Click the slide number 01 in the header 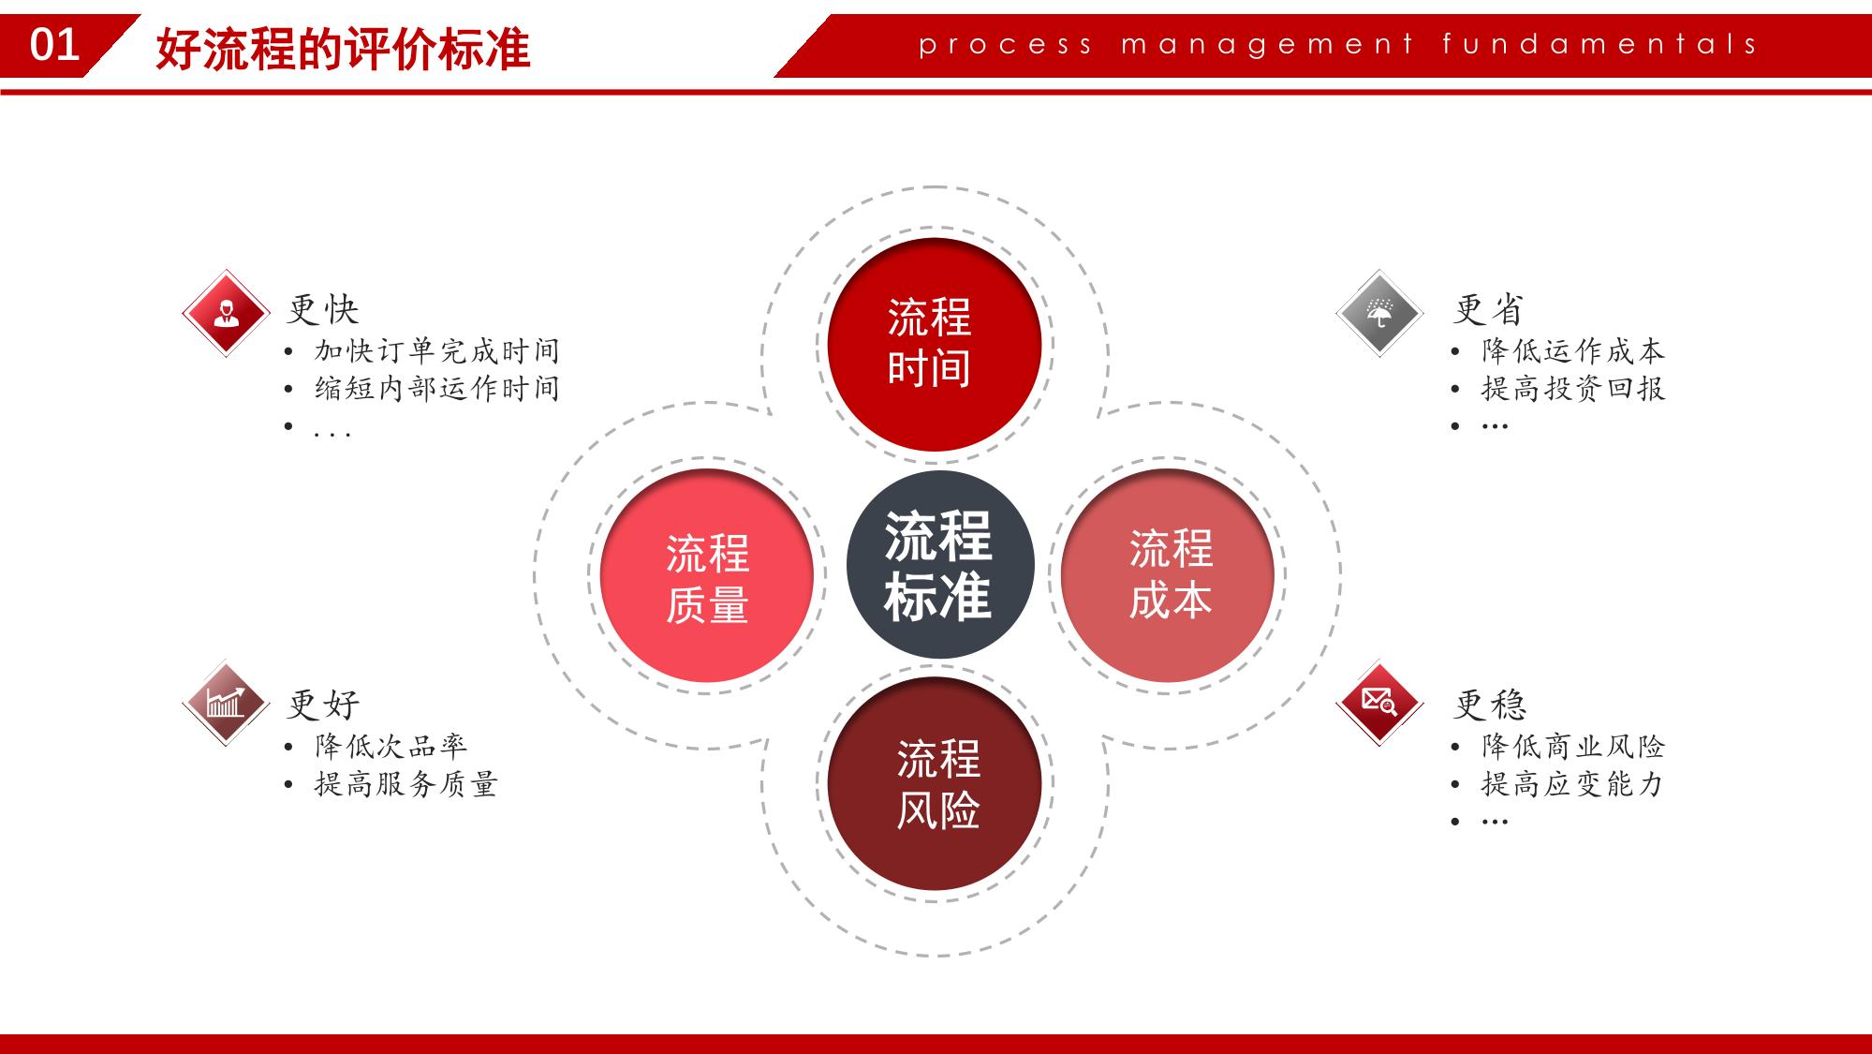pyautogui.click(x=54, y=45)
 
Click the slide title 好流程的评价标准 pyautogui.click(x=343, y=49)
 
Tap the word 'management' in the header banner pyautogui.click(x=1268, y=45)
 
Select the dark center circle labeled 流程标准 pyautogui.click(x=939, y=564)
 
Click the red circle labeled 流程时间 pyautogui.click(x=934, y=345)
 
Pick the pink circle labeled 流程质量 pyautogui.click(x=706, y=575)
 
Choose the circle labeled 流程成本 pyautogui.click(x=1167, y=575)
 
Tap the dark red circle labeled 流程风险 pyautogui.click(x=934, y=783)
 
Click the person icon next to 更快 pyautogui.click(x=226, y=313)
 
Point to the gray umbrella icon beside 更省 pyautogui.click(x=1379, y=313)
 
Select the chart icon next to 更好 pyautogui.click(x=226, y=703)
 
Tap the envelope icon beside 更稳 pyautogui.click(x=1379, y=703)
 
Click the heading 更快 pyautogui.click(x=323, y=309)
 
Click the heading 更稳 pyautogui.click(x=1490, y=705)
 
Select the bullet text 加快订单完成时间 pyautogui.click(x=437, y=351)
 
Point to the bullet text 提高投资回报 pyautogui.click(x=1573, y=389)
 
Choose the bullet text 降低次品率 pyautogui.click(x=391, y=747)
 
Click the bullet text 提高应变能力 pyautogui.click(x=1573, y=784)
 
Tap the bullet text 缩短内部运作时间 pyautogui.click(x=437, y=389)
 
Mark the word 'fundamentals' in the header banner pyautogui.click(x=1599, y=43)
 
